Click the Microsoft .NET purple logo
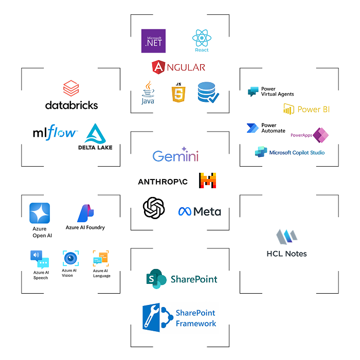154,41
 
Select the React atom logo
202,40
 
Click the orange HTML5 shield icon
178,94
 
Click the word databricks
71,105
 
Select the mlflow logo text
55,133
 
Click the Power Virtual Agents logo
271,92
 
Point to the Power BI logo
307,109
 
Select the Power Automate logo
266,128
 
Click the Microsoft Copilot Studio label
290,153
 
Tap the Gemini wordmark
175,156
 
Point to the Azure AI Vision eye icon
70,258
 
